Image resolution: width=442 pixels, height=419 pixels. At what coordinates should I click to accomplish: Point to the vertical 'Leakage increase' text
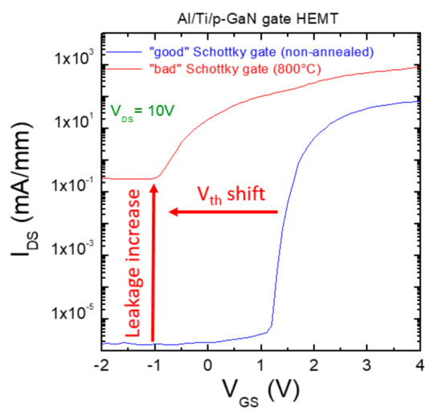coord(137,265)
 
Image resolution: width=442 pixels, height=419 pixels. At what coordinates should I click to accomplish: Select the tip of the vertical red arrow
coord(153,186)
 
